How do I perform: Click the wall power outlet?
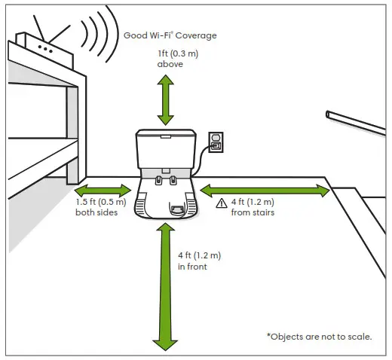point(216,142)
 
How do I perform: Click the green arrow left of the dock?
point(103,190)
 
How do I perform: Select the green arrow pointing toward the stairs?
point(265,190)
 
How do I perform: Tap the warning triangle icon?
point(221,203)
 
